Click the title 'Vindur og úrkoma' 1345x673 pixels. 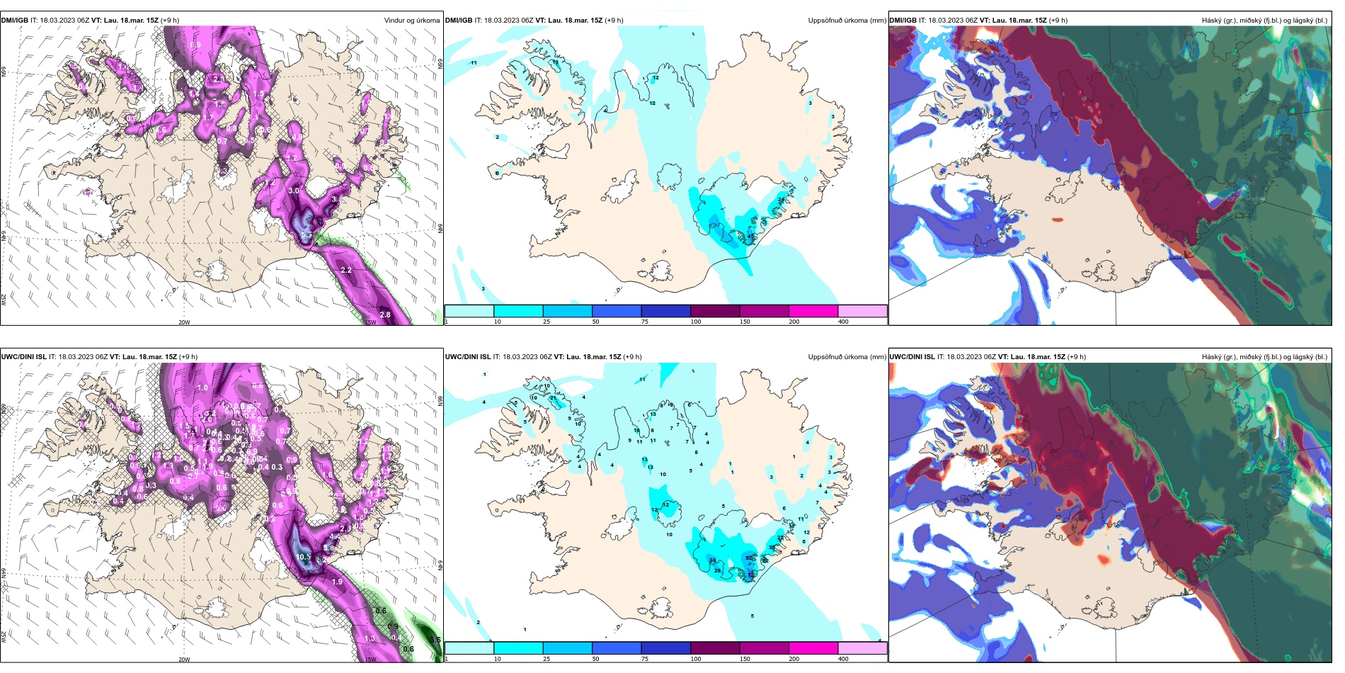tap(411, 21)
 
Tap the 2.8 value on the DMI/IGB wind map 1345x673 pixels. tap(385, 315)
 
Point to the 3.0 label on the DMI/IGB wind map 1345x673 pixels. tap(294, 191)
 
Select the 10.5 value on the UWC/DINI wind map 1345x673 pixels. tap(304, 557)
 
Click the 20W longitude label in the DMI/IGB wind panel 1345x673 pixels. tap(184, 322)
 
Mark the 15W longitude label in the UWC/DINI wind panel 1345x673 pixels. tap(370, 660)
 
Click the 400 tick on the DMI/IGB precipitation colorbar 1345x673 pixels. tap(843, 322)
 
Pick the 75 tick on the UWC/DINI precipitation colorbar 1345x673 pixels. tap(645, 659)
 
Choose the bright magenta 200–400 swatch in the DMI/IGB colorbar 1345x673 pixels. tap(813, 311)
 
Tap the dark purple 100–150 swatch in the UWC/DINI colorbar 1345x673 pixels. tap(714, 647)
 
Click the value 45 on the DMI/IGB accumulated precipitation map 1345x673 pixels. tap(751, 236)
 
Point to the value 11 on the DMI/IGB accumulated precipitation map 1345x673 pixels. tap(474, 63)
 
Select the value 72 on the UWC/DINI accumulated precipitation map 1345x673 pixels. tap(751, 575)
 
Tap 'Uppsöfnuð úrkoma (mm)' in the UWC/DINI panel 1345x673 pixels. tap(847, 357)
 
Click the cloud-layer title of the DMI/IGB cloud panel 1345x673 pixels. tap(1264, 21)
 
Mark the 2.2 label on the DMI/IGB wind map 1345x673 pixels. tap(346, 270)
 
